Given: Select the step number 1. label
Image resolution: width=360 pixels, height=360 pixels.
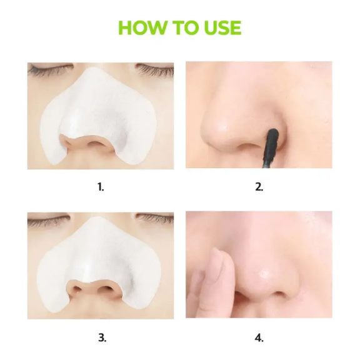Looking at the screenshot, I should (101, 186).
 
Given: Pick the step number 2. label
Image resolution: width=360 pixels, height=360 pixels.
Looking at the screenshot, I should (259, 186).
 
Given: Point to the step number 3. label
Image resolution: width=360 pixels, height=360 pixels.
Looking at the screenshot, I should (101, 338).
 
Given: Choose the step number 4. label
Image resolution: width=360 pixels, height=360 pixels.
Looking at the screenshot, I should (259, 338).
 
